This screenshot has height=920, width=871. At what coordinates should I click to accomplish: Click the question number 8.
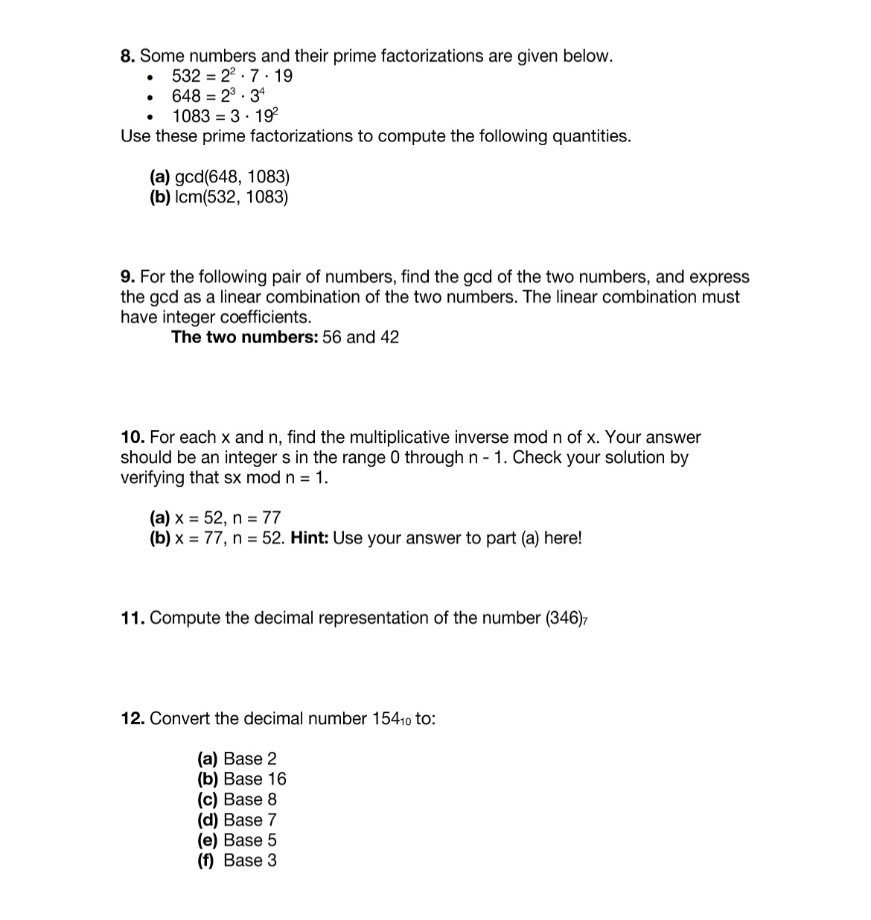(128, 56)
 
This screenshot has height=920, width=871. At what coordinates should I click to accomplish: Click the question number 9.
(128, 277)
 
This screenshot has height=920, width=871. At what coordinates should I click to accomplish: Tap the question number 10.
(133, 437)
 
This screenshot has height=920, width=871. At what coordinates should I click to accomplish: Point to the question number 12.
(133, 718)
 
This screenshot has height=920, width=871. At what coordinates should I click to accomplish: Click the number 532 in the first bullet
(186, 76)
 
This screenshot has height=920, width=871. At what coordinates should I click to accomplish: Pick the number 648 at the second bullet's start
(186, 96)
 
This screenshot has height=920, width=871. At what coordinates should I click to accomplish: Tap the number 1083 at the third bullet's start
(191, 116)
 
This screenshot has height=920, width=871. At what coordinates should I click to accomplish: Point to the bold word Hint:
(309, 537)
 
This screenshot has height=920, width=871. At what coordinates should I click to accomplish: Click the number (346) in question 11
(564, 618)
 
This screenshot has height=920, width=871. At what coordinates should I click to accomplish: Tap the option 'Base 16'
(255, 779)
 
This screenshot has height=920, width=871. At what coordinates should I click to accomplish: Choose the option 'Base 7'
(249, 820)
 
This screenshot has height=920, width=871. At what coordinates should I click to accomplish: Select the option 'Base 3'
(249, 860)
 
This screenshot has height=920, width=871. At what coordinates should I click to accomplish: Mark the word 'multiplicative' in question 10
(401, 437)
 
